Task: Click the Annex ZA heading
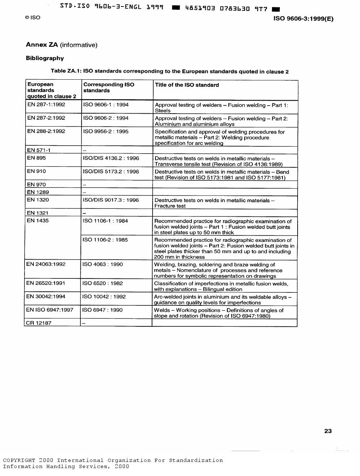point(62,45)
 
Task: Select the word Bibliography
point(45,58)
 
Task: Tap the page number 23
point(328,431)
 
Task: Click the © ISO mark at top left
point(32,18)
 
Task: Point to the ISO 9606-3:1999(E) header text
point(303,19)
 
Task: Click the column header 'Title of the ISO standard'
point(187,85)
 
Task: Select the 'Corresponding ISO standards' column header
point(109,88)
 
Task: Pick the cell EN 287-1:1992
point(46,105)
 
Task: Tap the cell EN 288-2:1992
point(46,131)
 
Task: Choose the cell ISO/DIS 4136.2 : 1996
point(111,158)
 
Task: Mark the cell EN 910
point(36,171)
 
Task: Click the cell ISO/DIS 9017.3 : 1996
point(111,200)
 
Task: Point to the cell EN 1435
point(38,221)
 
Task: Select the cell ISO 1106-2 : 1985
point(105,240)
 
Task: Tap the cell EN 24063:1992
point(46,264)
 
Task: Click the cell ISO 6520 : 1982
point(102,283)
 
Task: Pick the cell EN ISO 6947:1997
point(50,310)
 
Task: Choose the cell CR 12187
point(39,323)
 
